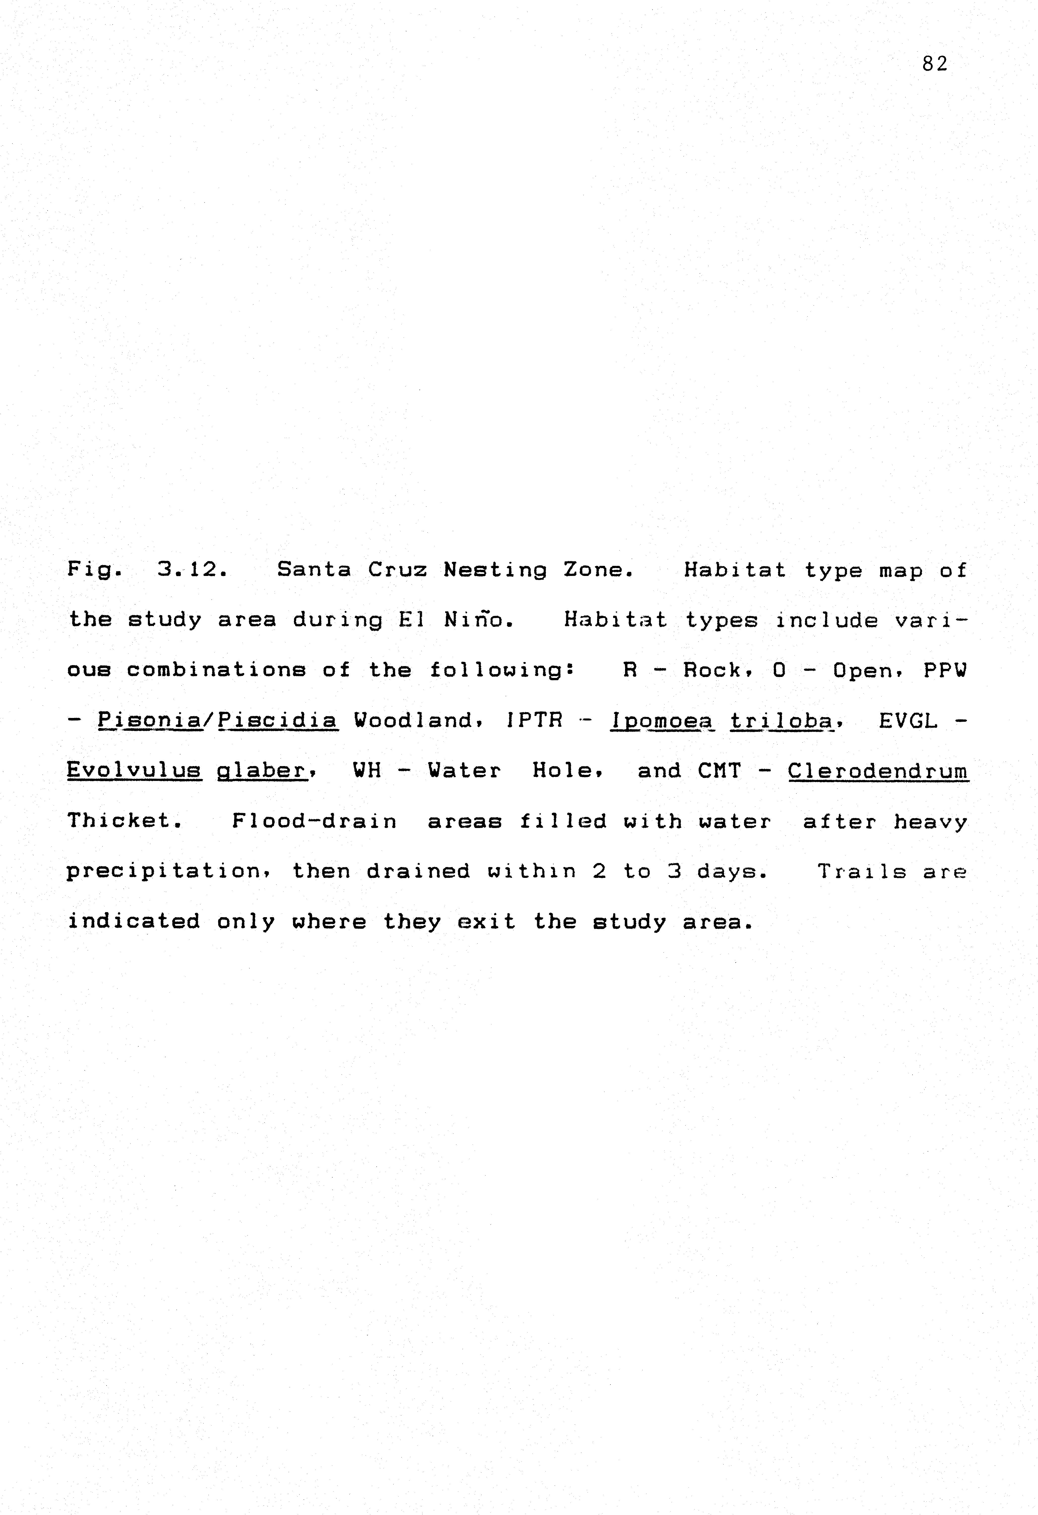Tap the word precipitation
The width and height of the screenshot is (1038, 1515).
[x=163, y=871]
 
